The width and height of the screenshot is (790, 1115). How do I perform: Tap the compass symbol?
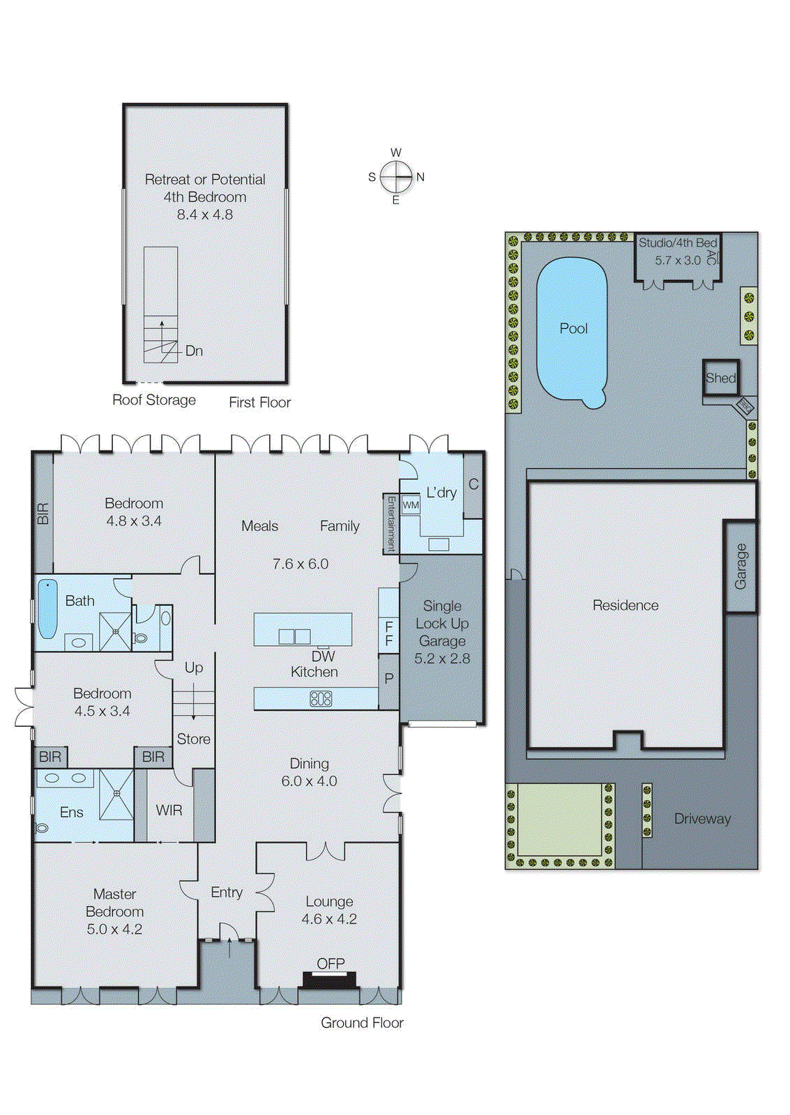pos(396,176)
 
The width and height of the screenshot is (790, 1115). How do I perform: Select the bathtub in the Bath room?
pos(47,608)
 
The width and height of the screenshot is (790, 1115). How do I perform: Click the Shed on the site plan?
pos(720,378)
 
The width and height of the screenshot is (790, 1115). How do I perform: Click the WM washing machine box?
pos(411,505)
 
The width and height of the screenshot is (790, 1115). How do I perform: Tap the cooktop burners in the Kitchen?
pos(321,698)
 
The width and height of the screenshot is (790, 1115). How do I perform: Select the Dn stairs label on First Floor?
pos(194,351)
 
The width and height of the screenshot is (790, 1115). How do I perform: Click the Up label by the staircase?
pos(194,668)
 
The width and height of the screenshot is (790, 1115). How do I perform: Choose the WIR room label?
pos(169,810)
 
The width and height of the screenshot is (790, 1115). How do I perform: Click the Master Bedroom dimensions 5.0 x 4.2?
pos(114,929)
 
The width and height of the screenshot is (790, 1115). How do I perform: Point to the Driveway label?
pos(702,819)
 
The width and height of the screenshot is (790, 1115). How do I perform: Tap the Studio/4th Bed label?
pos(677,243)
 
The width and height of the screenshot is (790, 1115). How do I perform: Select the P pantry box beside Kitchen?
pos(389,678)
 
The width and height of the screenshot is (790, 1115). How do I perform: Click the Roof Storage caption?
pos(154,400)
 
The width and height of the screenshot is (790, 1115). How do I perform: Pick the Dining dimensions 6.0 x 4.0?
pos(309,781)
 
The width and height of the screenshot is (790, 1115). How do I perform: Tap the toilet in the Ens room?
pos(42,828)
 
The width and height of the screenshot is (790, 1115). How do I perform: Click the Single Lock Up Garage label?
pos(442,624)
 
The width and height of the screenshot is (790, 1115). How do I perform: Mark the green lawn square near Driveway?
pos(559,819)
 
